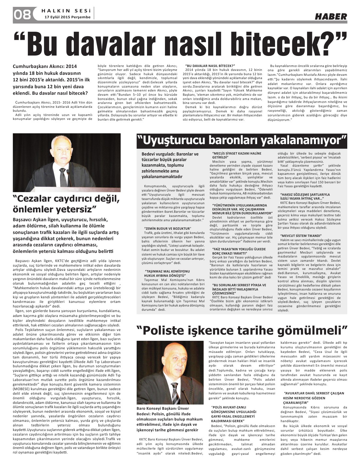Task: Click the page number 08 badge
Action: click(22, 14)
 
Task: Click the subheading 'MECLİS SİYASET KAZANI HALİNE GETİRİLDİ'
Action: click(232, 155)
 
